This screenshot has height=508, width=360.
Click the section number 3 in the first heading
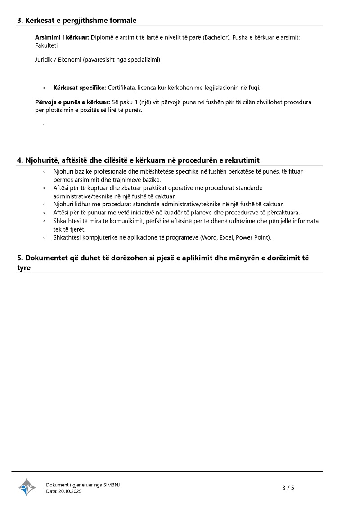click(x=19, y=20)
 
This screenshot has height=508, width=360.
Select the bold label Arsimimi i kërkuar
click(x=62, y=37)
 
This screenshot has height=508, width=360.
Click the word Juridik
click(x=44, y=59)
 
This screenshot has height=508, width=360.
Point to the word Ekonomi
click(x=68, y=59)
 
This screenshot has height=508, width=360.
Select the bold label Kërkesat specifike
click(x=80, y=88)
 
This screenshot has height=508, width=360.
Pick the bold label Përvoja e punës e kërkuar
click(x=72, y=102)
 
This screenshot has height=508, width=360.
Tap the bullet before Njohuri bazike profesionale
click(x=44, y=172)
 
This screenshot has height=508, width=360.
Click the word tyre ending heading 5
click(x=24, y=267)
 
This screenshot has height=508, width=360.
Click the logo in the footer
click(x=27, y=487)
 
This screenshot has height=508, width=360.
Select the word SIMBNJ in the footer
click(x=112, y=485)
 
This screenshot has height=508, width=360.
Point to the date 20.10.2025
click(x=70, y=491)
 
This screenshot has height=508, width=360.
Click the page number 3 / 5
click(x=288, y=488)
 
